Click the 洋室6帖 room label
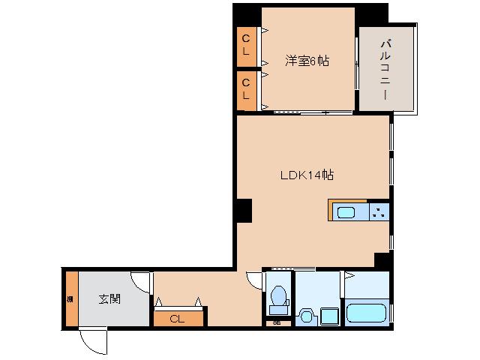pos(306,61)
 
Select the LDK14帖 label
pos(307,175)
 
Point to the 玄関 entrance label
pos(109,298)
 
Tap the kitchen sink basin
pos(346,212)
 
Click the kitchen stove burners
pos(379,212)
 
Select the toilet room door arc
pos(255,279)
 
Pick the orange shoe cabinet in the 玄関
pos(70,298)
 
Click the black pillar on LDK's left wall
pos(242,211)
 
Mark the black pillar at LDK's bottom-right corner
pos(382,260)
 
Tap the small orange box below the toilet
pos(277,322)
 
